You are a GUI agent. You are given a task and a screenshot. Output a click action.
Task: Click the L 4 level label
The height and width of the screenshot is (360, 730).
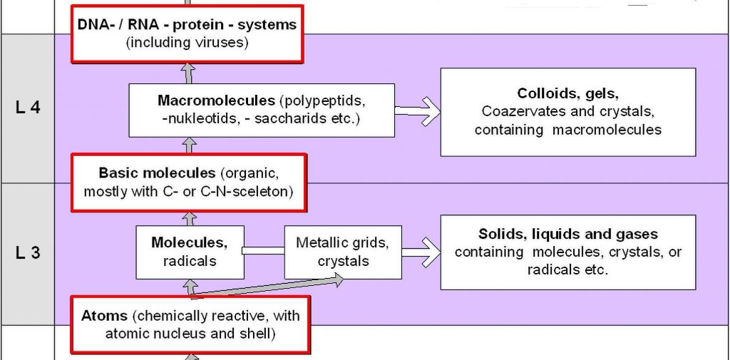pyautogui.click(x=27, y=108)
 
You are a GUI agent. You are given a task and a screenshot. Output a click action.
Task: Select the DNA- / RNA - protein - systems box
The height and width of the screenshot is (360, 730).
pyautogui.click(x=187, y=34)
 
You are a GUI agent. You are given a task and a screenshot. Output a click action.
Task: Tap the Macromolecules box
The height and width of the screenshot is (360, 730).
pyautogui.click(x=261, y=109)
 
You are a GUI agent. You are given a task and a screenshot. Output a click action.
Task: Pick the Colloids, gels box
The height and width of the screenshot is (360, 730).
pyautogui.click(x=567, y=112)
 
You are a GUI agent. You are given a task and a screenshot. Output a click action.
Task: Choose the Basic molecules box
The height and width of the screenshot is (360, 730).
pyautogui.click(x=188, y=182)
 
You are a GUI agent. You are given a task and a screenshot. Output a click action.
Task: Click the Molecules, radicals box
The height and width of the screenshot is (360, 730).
pyautogui.click(x=190, y=252)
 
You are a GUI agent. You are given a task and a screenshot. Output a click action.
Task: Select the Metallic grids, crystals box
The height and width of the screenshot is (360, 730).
pyautogui.click(x=342, y=252)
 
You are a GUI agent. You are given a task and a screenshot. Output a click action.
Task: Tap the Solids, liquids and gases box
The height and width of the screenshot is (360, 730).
pyautogui.click(x=567, y=252)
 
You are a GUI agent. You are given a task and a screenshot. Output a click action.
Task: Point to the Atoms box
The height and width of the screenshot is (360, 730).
pyautogui.click(x=190, y=324)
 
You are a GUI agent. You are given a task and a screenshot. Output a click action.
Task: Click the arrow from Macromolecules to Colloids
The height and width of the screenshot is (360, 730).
pyautogui.click(x=417, y=110)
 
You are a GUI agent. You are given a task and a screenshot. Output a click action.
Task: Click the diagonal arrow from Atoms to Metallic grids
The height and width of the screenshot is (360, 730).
pyautogui.click(x=271, y=286)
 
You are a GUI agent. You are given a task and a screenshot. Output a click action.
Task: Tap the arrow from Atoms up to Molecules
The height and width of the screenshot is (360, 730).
pyautogui.click(x=190, y=288)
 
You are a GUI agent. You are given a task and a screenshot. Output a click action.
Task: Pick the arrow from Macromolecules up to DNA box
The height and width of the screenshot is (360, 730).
pyautogui.click(x=187, y=73)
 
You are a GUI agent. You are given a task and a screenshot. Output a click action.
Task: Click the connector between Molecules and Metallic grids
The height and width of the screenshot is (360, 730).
pyautogui.click(x=264, y=251)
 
